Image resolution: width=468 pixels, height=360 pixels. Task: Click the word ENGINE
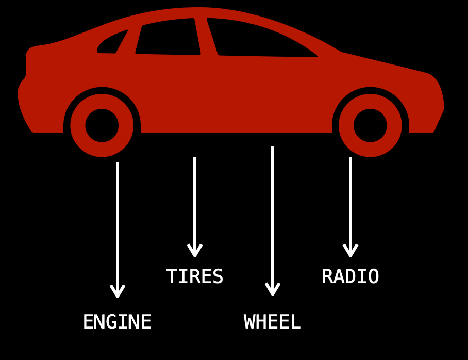[x=117, y=322]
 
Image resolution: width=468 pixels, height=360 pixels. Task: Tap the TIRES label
[x=194, y=277]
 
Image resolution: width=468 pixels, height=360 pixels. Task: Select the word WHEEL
[x=272, y=322]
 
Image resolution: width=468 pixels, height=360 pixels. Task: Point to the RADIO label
[x=350, y=277]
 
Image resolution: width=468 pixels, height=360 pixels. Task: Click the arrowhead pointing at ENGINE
[x=118, y=292]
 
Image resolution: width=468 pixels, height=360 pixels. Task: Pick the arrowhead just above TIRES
[x=195, y=251]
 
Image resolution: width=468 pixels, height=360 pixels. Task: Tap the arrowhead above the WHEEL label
[x=273, y=290]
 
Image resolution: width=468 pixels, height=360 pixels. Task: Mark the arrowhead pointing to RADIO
[x=350, y=251]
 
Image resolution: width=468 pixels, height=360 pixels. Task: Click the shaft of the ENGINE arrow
[x=118, y=222]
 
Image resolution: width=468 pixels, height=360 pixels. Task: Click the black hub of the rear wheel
[x=102, y=125]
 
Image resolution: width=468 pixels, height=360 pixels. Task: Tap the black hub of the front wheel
[x=370, y=125]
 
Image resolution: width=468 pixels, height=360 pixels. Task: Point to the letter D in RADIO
[x=350, y=277]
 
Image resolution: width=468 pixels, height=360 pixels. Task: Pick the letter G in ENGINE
[x=111, y=322]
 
